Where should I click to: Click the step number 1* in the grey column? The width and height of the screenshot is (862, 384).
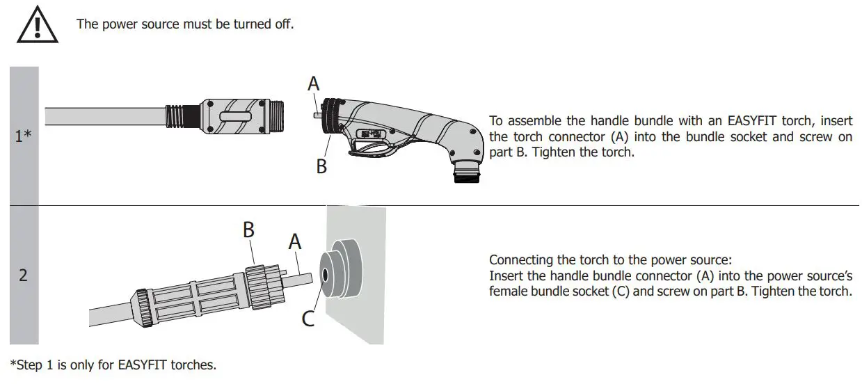24,136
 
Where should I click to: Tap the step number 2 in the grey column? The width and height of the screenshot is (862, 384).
23,275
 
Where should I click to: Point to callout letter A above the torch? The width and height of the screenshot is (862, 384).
314,84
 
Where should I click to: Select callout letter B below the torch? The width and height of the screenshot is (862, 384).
321,167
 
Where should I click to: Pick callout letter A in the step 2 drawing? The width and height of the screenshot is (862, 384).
294,241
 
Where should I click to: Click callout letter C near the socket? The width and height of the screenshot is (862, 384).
308,318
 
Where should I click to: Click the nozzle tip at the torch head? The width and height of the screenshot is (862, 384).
465,173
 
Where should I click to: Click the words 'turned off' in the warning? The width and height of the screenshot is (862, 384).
265,24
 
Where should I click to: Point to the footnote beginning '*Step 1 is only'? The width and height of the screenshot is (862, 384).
113,365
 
